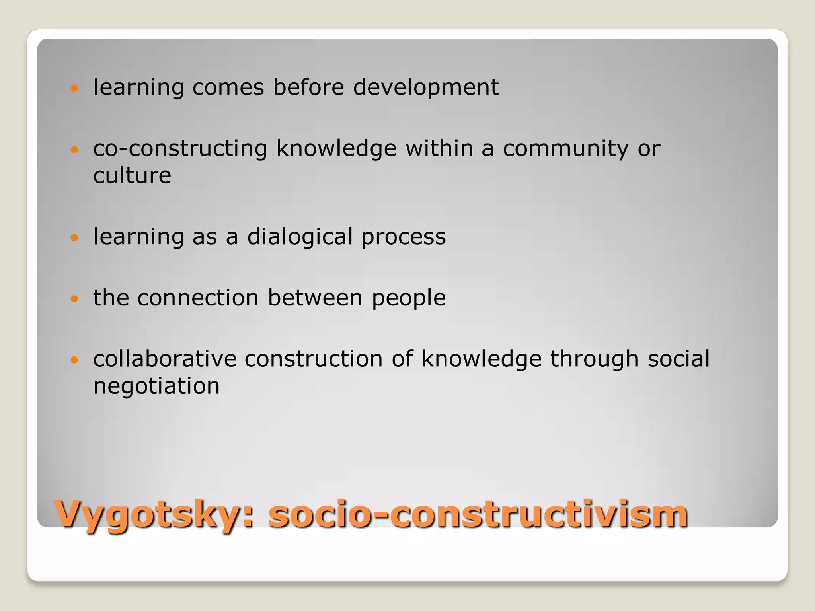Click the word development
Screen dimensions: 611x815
click(x=426, y=87)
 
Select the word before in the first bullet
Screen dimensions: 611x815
click(x=308, y=87)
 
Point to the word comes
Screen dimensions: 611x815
click(x=228, y=87)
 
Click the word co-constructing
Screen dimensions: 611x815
click(x=180, y=149)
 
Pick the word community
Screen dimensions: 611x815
click(x=565, y=149)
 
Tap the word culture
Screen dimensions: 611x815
click(x=132, y=175)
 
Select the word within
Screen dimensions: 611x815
click(x=439, y=149)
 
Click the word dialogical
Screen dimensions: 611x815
click(x=300, y=237)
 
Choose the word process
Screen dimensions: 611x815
click(x=404, y=237)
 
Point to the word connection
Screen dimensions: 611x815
click(x=198, y=298)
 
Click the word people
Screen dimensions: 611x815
click(x=409, y=298)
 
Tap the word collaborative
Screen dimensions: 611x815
click(x=165, y=359)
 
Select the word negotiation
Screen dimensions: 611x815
click(x=156, y=386)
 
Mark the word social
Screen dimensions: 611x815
click(x=679, y=359)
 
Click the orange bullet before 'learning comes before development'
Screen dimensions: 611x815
click(x=74, y=88)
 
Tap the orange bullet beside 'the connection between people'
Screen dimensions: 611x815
click(x=74, y=299)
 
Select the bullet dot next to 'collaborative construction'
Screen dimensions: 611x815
click(x=74, y=360)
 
